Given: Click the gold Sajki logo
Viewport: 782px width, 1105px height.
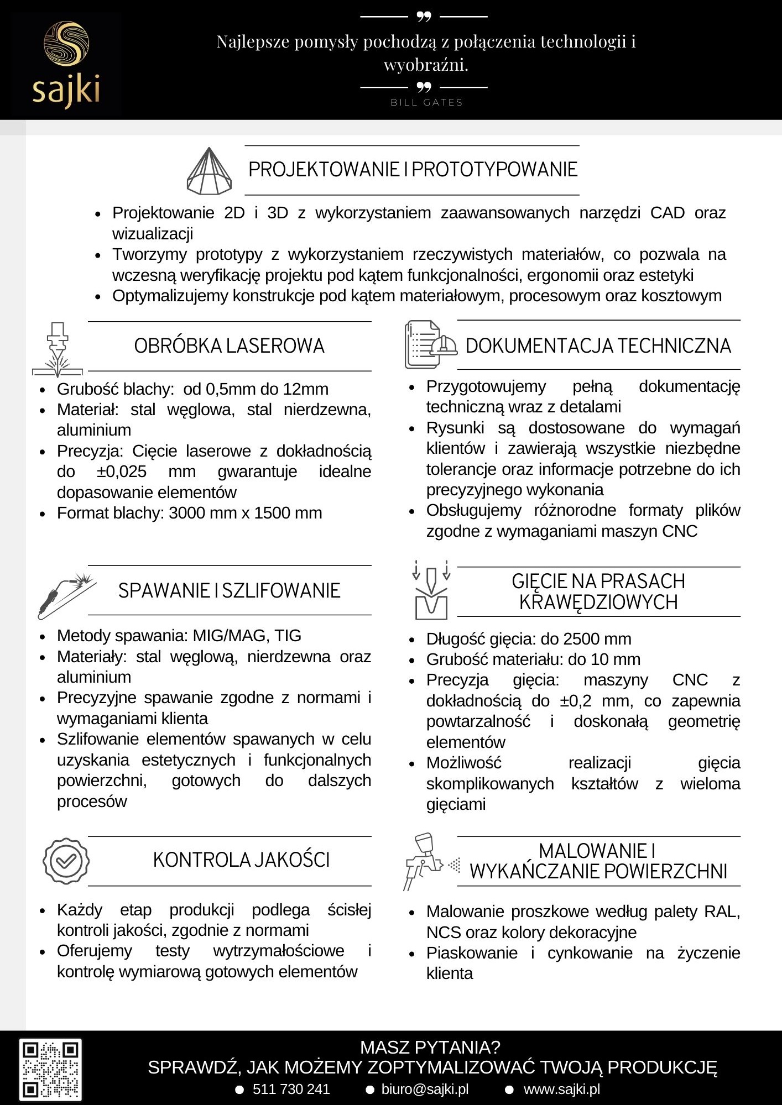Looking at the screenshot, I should pyautogui.click(x=66, y=64).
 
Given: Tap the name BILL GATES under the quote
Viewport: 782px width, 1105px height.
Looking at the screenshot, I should pyautogui.click(x=426, y=103).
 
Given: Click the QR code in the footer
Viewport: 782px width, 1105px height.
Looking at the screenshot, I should pyautogui.click(x=50, y=1069).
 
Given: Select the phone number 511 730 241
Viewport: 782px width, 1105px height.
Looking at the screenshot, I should pyautogui.click(x=291, y=1089).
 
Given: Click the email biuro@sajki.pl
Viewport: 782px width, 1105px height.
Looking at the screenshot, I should pyautogui.click(x=425, y=1089).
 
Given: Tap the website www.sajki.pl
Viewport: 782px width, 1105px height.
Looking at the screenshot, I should pyautogui.click(x=561, y=1089).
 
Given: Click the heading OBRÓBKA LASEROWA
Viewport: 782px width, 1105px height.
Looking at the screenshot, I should pyautogui.click(x=229, y=346).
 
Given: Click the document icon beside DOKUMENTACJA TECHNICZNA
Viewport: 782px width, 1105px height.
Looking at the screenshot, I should pyautogui.click(x=430, y=345).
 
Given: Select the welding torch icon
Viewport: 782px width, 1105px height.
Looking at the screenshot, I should pyautogui.click(x=66, y=595).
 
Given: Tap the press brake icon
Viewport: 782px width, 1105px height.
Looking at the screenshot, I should pyautogui.click(x=431, y=590).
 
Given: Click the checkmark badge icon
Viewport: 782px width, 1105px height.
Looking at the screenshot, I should pyautogui.click(x=66, y=861).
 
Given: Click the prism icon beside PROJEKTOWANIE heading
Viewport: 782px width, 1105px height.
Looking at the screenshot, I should pyautogui.click(x=209, y=171).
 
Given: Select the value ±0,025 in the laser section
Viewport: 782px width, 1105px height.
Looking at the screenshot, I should pyautogui.click(x=122, y=472).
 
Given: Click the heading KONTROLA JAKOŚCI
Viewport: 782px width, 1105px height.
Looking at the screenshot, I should pyautogui.click(x=241, y=860).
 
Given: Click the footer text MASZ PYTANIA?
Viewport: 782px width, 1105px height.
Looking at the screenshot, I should pyautogui.click(x=430, y=1047).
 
